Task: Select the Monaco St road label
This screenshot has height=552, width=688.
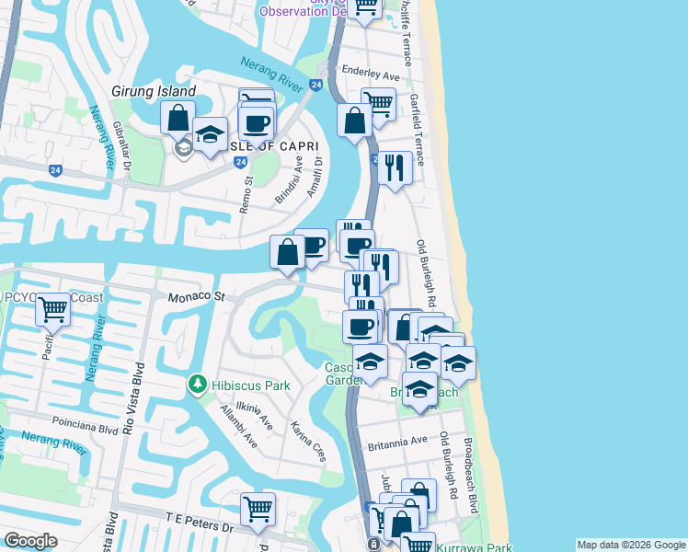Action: [196, 297]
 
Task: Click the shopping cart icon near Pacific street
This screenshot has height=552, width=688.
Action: [53, 310]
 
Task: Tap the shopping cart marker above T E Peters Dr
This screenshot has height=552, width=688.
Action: [258, 509]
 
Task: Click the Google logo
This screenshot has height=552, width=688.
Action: [30, 542]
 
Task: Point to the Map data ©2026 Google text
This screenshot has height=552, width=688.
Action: [631, 545]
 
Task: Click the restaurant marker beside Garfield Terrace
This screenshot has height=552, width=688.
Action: [395, 168]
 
